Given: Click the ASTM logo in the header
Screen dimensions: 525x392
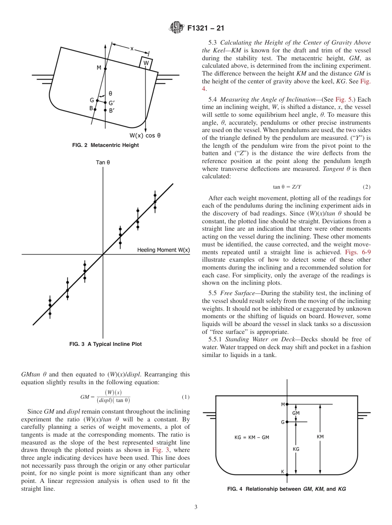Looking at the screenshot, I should point(177,28).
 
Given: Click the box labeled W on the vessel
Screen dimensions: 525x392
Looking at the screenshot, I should point(146,63).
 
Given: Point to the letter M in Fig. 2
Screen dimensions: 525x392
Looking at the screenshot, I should point(99,68).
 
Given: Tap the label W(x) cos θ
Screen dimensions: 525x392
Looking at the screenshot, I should point(145,135).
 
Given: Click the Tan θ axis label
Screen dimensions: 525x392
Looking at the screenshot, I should point(103,162).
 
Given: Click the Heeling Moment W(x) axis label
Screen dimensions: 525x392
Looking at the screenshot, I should point(163,250).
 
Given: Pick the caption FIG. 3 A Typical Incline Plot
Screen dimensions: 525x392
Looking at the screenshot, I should point(106,344).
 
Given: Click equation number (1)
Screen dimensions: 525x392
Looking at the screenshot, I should point(186,397).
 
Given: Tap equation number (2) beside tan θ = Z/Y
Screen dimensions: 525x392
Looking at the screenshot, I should point(366,187).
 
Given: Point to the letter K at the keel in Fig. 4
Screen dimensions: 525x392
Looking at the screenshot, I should point(283,471).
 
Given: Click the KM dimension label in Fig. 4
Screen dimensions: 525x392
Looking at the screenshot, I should point(320,436).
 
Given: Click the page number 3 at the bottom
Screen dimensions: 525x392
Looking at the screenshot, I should point(196,507).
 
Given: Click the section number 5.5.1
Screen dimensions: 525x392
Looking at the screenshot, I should point(216,339).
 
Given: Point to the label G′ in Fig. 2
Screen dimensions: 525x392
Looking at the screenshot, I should point(111,103).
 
